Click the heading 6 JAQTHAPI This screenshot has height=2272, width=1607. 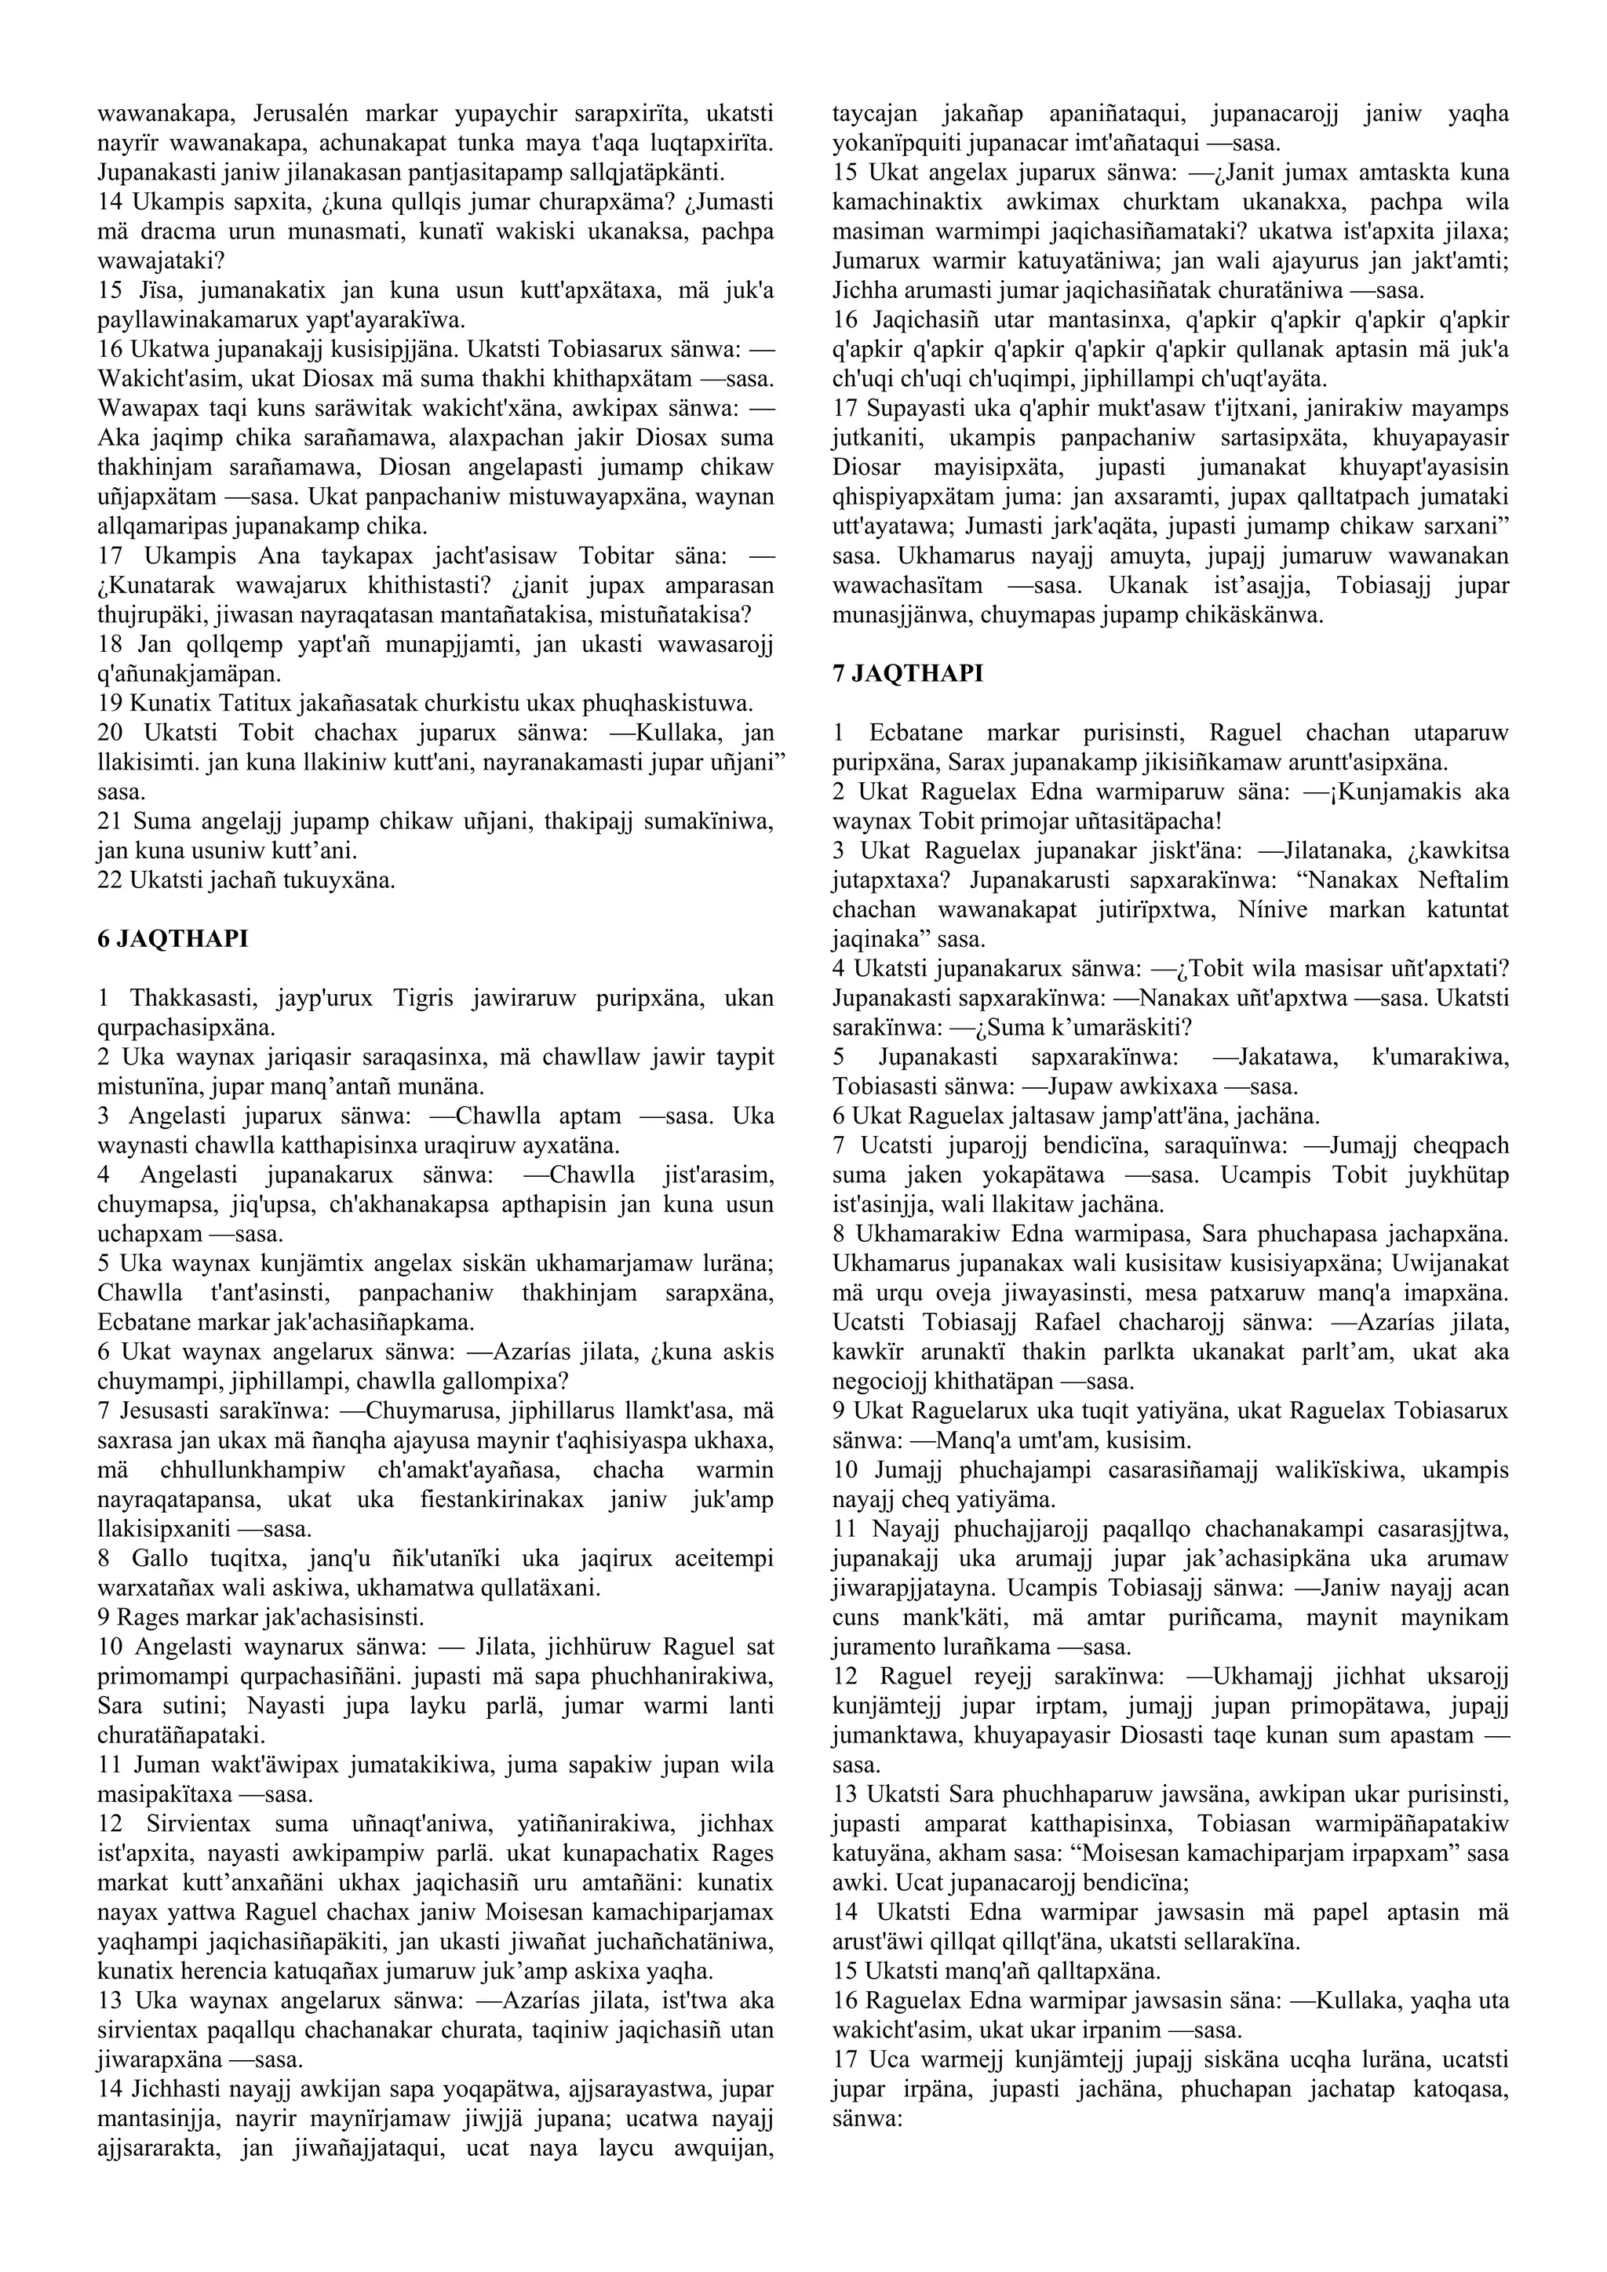(172, 939)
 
